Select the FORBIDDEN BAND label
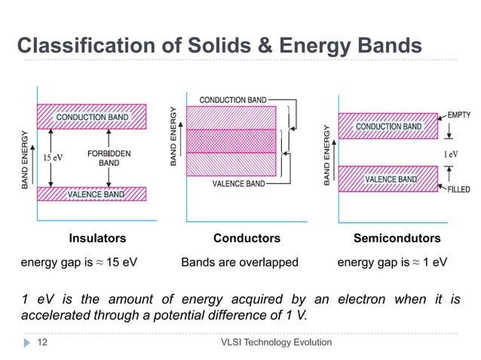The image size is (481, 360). (109, 157)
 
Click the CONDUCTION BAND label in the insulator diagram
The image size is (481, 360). (92, 117)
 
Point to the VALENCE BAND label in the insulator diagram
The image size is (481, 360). (96, 194)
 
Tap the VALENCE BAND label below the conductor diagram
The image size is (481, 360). (238, 183)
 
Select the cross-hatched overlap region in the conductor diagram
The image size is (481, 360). (231, 141)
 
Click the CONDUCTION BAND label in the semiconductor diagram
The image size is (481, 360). (389, 127)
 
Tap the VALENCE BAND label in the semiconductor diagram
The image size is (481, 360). (391, 180)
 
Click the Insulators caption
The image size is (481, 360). (97, 239)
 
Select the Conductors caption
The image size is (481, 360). (247, 239)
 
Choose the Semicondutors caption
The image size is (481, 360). (397, 239)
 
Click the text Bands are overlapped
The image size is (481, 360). (240, 263)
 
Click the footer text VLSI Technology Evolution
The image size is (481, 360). (274, 343)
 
